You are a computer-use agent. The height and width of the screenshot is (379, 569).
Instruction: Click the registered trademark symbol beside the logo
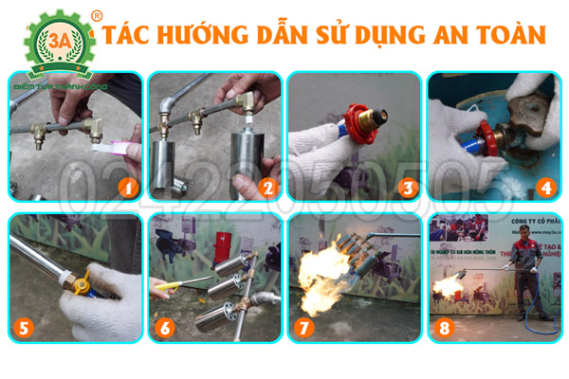tap(95, 15)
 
